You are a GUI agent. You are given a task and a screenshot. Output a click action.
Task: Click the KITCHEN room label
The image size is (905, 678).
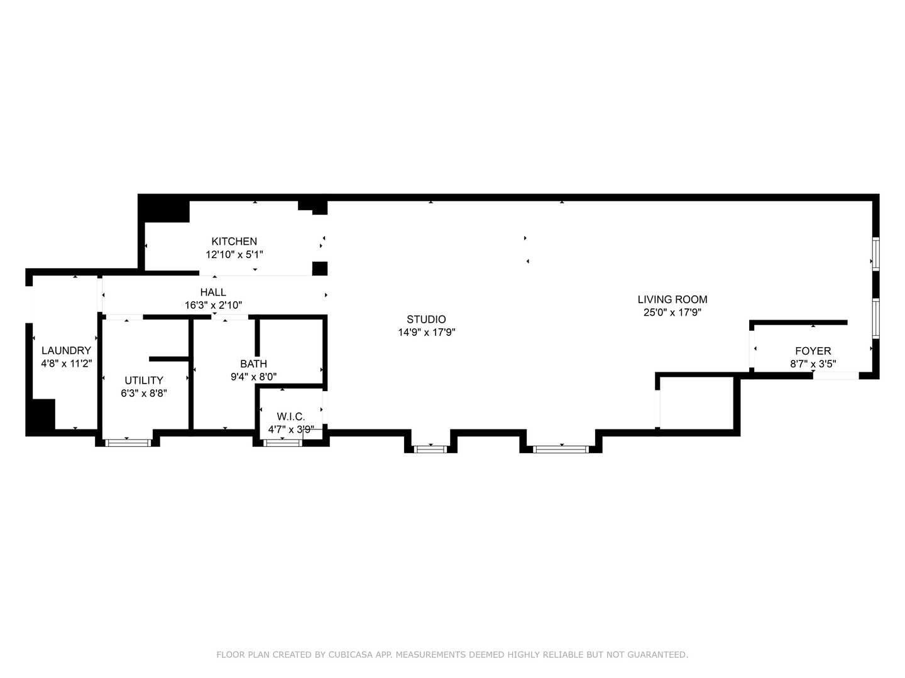pos(234,241)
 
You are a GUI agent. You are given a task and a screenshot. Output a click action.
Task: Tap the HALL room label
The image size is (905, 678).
pos(213,293)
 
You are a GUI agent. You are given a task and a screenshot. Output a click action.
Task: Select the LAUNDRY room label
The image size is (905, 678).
pos(67,350)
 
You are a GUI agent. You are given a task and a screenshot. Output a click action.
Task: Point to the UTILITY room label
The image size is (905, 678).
pos(144,380)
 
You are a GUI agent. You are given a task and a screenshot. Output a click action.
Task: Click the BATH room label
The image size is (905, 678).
pos(253,364)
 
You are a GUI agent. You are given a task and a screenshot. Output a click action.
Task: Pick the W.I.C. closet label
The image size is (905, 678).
pos(291,416)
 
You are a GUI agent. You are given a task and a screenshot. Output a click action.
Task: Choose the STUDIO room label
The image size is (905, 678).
pos(426,320)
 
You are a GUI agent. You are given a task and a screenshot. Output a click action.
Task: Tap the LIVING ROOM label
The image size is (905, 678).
pos(672,299)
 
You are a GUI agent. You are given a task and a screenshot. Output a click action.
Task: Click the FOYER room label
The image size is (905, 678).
pos(813,351)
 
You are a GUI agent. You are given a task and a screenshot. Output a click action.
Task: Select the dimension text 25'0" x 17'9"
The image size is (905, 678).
pos(672,313)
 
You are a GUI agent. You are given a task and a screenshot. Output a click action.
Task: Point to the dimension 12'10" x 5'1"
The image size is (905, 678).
pos(234,254)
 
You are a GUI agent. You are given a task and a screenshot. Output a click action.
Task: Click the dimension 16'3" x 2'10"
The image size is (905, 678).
pos(213,306)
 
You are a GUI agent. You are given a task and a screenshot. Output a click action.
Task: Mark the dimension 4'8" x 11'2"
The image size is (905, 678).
pos(67,363)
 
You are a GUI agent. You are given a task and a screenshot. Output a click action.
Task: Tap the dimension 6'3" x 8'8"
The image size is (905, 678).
pos(144,393)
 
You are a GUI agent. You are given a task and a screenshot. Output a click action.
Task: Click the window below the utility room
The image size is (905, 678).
pos(128,443)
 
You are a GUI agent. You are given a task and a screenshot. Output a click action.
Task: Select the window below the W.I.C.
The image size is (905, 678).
pos(282,443)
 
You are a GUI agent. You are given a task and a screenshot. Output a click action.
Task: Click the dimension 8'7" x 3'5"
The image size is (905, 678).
pos(813,364)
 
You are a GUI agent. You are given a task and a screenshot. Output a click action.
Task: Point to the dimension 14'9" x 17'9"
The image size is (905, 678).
pos(426,333)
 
